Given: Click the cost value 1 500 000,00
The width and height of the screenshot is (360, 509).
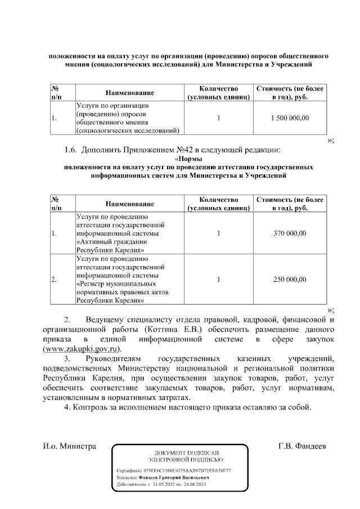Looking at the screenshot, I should (x=290, y=118).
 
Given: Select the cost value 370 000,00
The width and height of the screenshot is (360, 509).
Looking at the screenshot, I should (x=290, y=233).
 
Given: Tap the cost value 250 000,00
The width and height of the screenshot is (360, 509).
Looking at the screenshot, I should (x=290, y=279).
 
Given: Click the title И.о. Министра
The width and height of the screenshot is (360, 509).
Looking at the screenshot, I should (x=70, y=446).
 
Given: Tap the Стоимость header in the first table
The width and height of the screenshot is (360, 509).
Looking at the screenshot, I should (x=290, y=89).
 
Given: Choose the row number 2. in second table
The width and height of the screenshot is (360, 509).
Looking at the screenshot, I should (x=53, y=279).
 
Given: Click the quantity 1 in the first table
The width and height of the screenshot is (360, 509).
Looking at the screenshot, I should (x=218, y=118).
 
